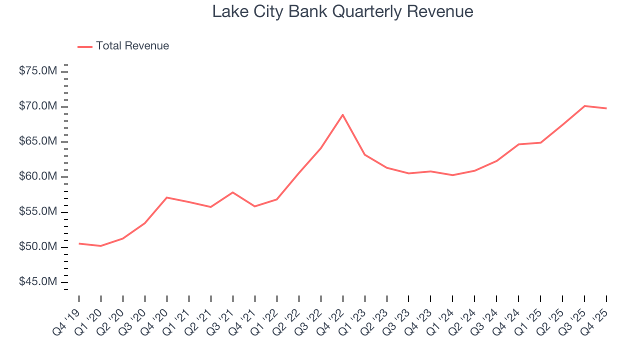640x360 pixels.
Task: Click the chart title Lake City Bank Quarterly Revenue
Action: pos(342,12)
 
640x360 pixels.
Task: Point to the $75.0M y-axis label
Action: pos(38,71)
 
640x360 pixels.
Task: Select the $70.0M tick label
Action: pos(38,106)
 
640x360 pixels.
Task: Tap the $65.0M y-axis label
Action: pos(38,141)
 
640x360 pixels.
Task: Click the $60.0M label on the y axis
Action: pos(38,176)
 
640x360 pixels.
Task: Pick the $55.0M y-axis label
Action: pos(38,212)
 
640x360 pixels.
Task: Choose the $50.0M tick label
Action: pos(38,247)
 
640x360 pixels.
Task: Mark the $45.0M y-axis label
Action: pos(38,282)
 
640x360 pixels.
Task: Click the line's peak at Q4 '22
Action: pos(342,115)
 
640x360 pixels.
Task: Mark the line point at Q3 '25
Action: pos(584,106)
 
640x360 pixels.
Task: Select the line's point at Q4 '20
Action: pos(166,197)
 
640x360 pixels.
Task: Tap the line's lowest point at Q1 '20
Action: pos(100,246)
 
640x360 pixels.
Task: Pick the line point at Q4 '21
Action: pos(254,206)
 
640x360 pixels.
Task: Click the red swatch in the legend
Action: pos(85,46)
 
